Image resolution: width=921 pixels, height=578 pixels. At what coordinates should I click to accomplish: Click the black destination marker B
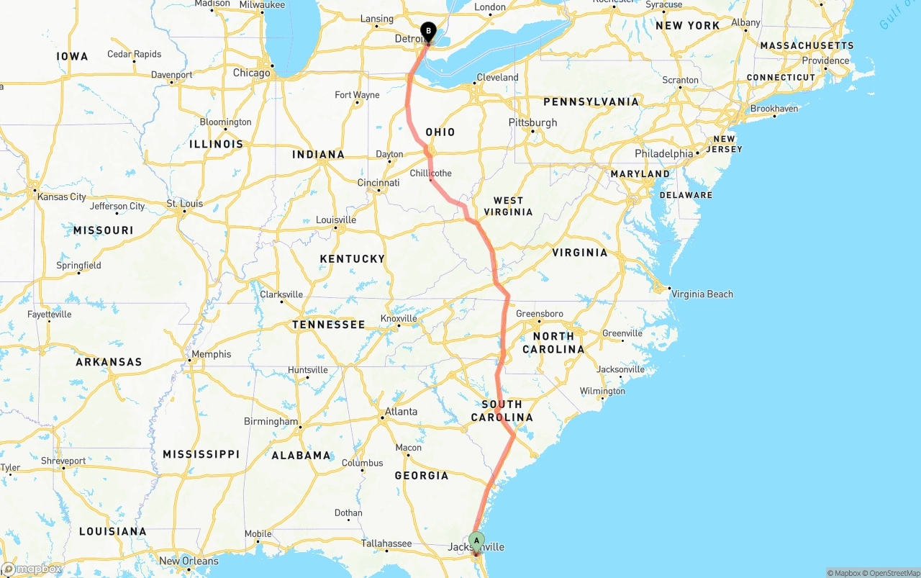pyautogui.click(x=429, y=31)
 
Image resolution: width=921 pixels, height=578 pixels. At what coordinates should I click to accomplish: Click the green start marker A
pyautogui.click(x=476, y=541)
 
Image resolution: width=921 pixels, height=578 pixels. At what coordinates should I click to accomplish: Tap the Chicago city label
pyautogui.click(x=252, y=73)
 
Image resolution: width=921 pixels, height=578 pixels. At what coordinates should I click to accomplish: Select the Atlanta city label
pyautogui.click(x=401, y=412)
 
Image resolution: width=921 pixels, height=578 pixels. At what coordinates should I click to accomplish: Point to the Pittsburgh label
pyautogui.click(x=532, y=122)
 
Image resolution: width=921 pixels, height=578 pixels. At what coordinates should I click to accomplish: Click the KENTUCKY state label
pyautogui.click(x=353, y=258)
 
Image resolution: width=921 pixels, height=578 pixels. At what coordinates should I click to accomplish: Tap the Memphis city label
pyautogui.click(x=212, y=354)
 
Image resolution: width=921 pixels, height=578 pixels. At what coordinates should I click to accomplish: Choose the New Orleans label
pyautogui.click(x=189, y=561)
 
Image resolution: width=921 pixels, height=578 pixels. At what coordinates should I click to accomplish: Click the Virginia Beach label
pyautogui.click(x=702, y=294)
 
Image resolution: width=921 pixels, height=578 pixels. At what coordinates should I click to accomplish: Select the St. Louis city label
pyautogui.click(x=185, y=204)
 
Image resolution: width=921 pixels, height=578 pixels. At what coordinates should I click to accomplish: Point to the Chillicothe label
pyautogui.click(x=431, y=173)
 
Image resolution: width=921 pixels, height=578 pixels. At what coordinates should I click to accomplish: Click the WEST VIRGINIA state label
pyautogui.click(x=508, y=206)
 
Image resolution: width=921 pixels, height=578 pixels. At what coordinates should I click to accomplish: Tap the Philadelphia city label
pyautogui.click(x=663, y=153)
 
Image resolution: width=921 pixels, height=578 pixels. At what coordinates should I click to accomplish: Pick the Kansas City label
pyautogui.click(x=62, y=197)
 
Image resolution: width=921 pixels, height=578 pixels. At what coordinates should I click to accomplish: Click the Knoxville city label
pyautogui.click(x=399, y=318)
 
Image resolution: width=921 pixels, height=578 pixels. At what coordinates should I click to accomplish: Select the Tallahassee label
pyautogui.click(x=386, y=543)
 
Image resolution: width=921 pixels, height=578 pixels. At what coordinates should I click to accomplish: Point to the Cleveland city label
pyautogui.click(x=497, y=77)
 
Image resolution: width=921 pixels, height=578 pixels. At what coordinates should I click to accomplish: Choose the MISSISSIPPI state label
pyautogui.click(x=201, y=454)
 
